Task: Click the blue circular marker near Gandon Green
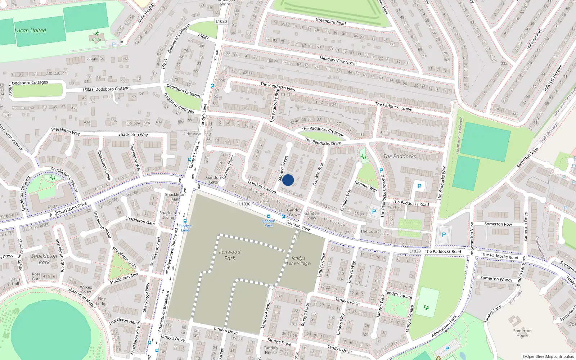click(288, 180)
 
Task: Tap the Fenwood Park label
click(230, 255)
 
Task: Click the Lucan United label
click(30, 31)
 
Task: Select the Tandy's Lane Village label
click(298, 261)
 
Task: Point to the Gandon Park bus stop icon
click(268, 216)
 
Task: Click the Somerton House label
click(522, 333)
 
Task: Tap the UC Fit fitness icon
click(96, 33)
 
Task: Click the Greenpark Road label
click(330, 22)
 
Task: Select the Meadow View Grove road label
click(338, 60)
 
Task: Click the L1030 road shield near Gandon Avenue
click(244, 204)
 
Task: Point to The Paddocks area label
click(400, 156)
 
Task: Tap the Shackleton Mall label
click(175, 197)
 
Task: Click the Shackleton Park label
click(44, 259)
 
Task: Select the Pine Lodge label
click(102, 301)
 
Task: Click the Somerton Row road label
click(498, 224)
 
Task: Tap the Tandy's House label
click(271, 350)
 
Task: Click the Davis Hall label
click(15, 281)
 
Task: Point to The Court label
click(370, 231)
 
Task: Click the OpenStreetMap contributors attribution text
click(548, 356)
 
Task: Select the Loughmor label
click(95, 59)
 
